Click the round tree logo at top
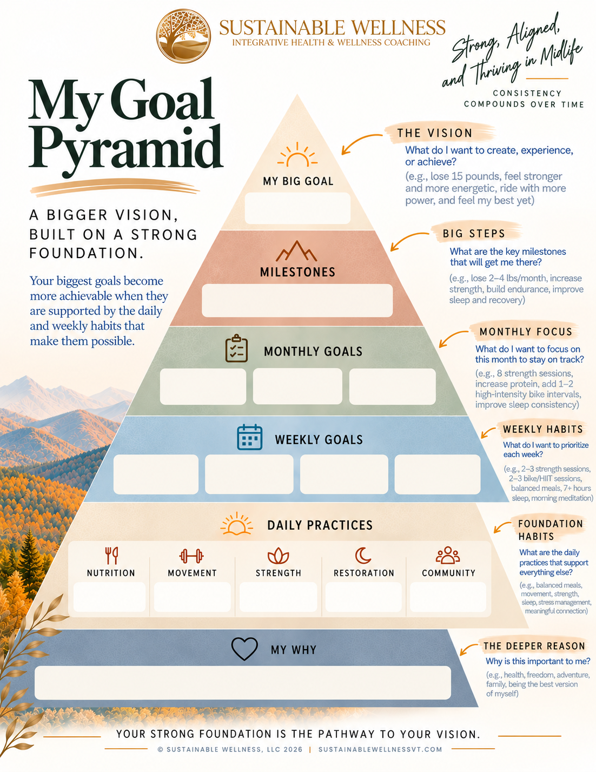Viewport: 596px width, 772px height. [x=183, y=36]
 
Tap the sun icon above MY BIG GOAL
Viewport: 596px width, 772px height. [x=297, y=155]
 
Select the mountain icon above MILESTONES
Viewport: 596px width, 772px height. [x=296, y=251]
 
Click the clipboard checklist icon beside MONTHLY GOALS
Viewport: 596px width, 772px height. [x=236, y=348]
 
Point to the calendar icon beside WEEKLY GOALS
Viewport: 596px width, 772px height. [x=250, y=437]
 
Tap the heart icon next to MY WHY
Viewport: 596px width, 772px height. [x=244, y=649]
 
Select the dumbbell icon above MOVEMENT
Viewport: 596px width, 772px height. [x=191, y=556]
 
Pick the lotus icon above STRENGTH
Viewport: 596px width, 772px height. [x=278, y=556]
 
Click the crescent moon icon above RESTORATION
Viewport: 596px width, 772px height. [x=362, y=556]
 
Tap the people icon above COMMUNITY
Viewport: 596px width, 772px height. [x=448, y=555]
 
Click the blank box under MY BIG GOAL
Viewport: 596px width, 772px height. [x=297, y=208]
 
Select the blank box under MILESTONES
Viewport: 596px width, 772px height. [x=297, y=300]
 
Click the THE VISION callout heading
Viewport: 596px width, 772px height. [x=435, y=133]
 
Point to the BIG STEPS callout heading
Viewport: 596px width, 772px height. [x=474, y=233]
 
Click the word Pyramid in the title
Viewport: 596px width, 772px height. [x=126, y=149]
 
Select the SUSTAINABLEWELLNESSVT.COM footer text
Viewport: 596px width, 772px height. [x=380, y=749]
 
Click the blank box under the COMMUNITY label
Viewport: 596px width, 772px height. [x=448, y=597]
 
